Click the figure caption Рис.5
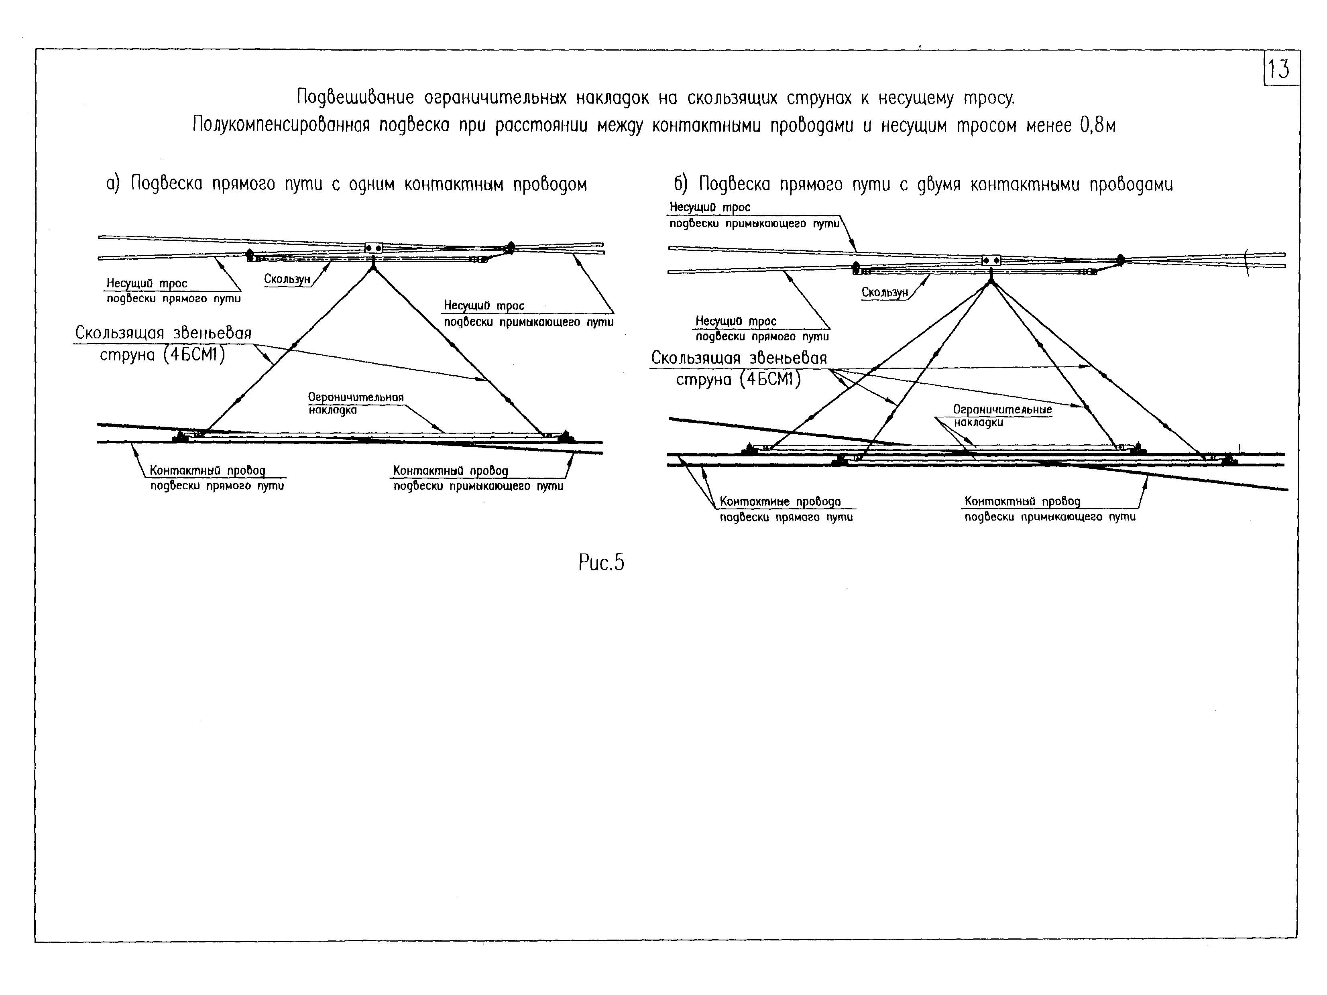[601, 563]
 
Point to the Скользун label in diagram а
[287, 279]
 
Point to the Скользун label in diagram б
[884, 293]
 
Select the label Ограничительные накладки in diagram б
[1002, 416]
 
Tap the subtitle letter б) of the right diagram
[680, 183]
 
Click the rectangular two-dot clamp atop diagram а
[373, 248]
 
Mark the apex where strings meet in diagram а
[373, 268]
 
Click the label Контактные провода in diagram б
[780, 501]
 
